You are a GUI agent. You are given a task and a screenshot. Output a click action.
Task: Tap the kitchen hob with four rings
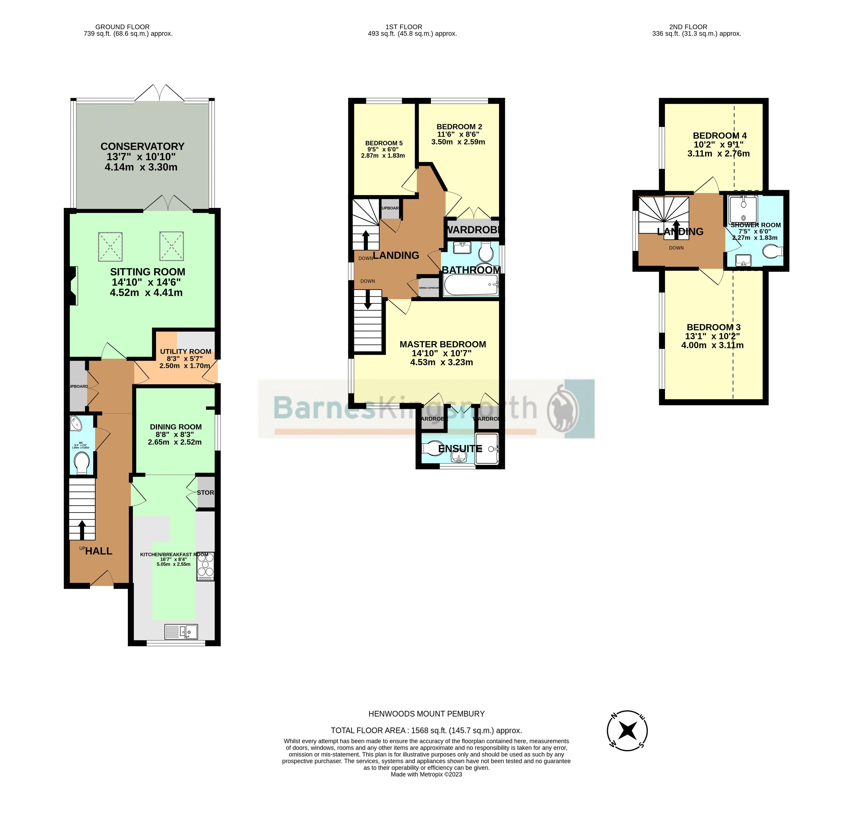tap(206, 566)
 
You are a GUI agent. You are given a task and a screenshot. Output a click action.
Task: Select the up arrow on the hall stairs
tap(81, 530)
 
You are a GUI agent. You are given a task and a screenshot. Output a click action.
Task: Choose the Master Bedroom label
tap(443, 344)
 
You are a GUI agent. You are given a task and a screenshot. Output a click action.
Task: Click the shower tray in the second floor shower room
tap(743, 210)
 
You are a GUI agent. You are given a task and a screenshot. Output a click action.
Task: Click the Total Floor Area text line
tap(426, 730)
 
